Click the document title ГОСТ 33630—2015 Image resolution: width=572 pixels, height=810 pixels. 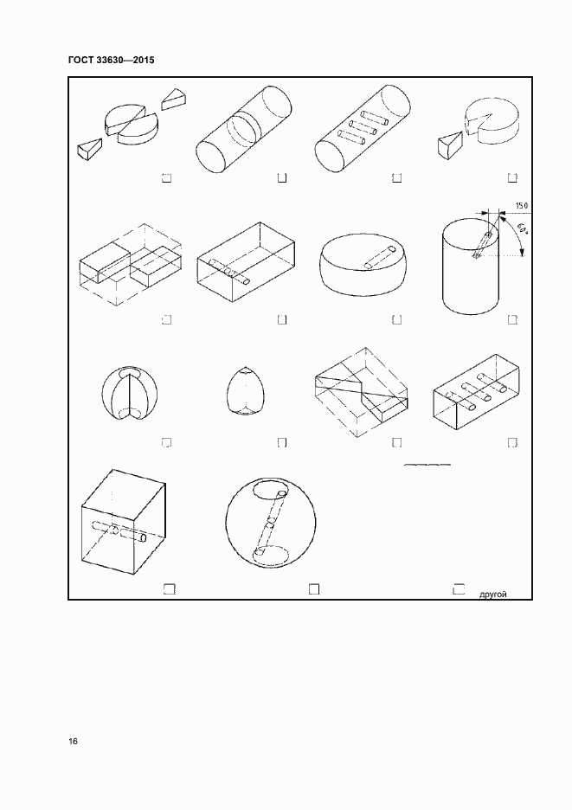(x=111, y=60)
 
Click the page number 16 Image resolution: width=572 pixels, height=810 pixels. (x=73, y=742)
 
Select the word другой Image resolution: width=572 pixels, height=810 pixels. (x=493, y=595)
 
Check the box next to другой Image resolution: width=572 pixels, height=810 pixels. (x=459, y=589)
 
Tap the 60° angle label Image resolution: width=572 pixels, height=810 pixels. (x=522, y=228)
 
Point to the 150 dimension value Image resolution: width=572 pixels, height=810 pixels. (x=521, y=206)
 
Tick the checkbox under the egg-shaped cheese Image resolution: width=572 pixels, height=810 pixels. (x=282, y=443)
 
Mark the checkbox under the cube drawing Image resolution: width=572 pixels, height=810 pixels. (x=170, y=589)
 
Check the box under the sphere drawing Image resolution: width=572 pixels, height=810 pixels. (x=313, y=589)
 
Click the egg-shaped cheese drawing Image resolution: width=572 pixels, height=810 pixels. (x=241, y=390)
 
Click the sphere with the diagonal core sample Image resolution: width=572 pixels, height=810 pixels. (x=271, y=524)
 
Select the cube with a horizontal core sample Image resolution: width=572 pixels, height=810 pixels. (x=124, y=521)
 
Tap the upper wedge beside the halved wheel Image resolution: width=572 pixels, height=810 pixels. (x=174, y=99)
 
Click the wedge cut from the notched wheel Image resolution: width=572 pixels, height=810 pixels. (x=451, y=145)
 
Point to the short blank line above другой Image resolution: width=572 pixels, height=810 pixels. (x=427, y=465)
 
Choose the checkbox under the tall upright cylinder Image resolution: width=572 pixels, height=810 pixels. (x=512, y=320)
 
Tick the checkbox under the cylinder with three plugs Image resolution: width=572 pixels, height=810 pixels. (x=397, y=177)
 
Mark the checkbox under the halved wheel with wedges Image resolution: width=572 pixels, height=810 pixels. (x=166, y=177)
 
